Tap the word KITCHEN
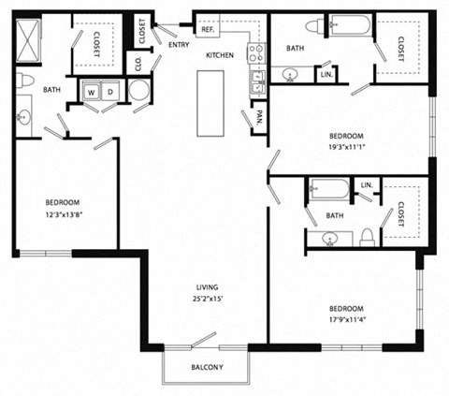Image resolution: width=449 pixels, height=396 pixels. coord(220,55)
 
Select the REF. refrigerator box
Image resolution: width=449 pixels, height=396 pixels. coord(209,30)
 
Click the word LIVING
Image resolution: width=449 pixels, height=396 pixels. coord(207,288)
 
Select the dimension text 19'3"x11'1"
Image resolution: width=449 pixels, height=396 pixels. coord(350,146)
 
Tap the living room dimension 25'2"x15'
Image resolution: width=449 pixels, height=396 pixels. coord(207,300)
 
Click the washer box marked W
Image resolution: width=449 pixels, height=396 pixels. coord(93,92)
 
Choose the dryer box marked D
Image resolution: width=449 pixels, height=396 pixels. coord(111,92)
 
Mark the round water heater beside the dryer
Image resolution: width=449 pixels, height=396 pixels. coord(138,91)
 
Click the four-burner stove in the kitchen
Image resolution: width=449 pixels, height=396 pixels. coord(253,54)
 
